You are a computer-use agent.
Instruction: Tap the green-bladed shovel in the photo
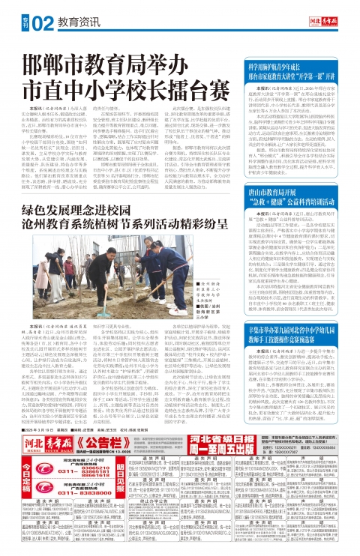click(105, 315)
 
